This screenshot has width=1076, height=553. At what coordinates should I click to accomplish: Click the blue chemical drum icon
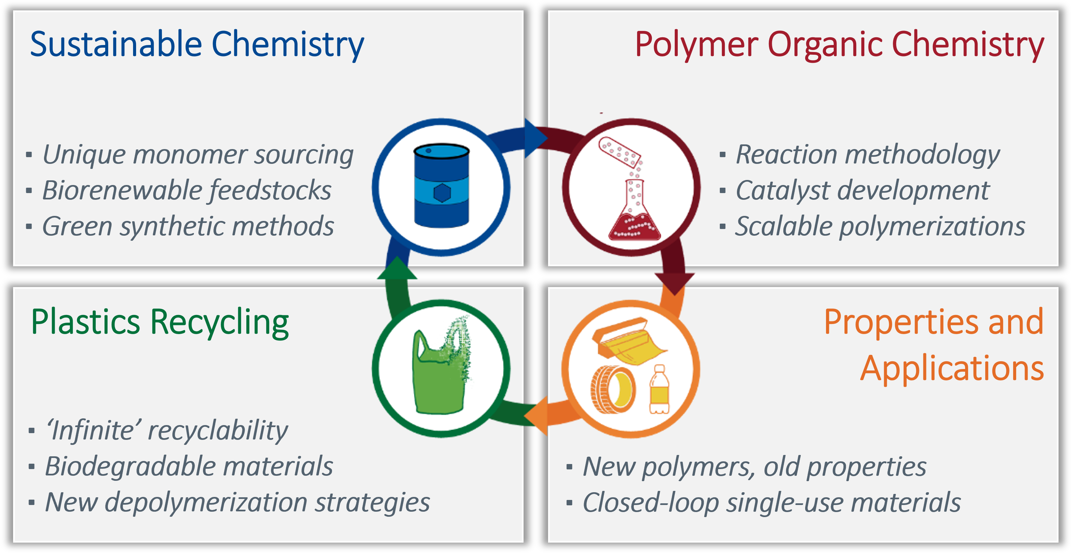click(441, 186)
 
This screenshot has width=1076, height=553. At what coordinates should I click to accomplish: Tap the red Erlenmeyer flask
click(634, 217)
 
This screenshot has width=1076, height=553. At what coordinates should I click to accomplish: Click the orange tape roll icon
click(613, 389)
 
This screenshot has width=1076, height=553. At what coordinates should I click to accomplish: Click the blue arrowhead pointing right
click(535, 138)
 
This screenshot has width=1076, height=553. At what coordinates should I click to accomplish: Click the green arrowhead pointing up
click(397, 269)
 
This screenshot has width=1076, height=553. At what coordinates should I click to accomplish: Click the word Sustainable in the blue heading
click(116, 45)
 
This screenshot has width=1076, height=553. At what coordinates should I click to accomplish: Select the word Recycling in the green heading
click(219, 322)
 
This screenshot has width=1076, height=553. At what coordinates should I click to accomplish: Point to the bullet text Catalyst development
click(862, 191)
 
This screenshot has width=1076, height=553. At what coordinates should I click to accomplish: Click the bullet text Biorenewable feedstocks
click(187, 191)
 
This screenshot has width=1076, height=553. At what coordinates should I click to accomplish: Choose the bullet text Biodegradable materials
click(189, 466)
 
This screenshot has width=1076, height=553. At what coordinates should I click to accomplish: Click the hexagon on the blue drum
click(442, 193)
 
